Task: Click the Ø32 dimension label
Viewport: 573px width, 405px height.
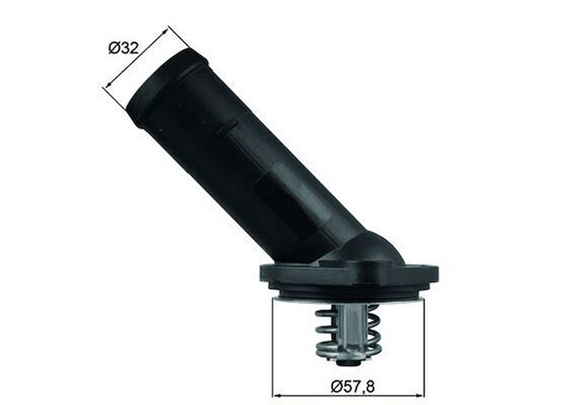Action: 123,48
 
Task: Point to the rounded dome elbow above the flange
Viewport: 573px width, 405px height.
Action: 379,248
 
